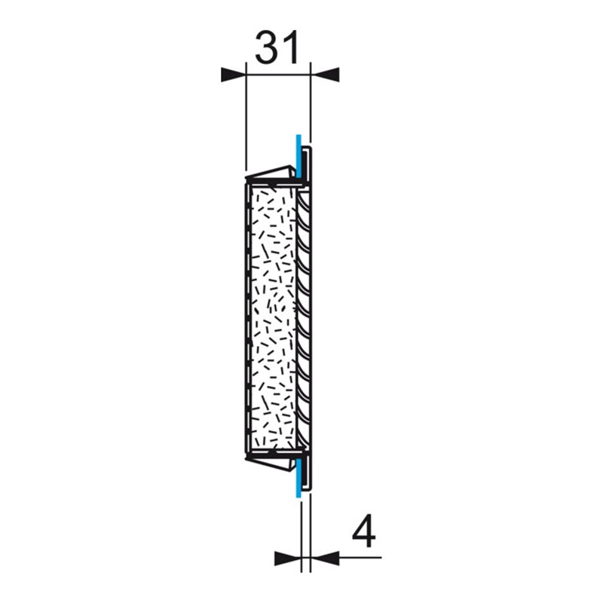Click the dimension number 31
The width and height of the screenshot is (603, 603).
point(277,48)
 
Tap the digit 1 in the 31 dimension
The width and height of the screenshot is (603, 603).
point(291,48)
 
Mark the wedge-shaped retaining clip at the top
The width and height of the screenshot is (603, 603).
point(271,174)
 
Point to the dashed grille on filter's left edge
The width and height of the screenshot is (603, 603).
point(248,317)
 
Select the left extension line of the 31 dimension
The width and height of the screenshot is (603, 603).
point(246,121)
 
